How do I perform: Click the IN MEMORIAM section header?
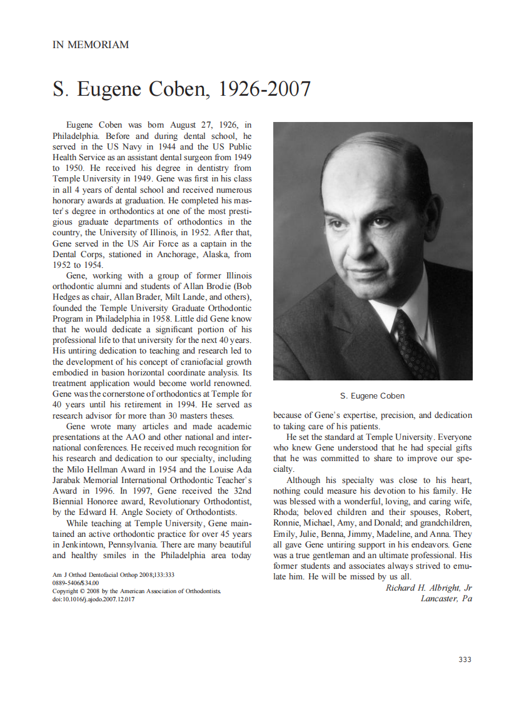coord(90,45)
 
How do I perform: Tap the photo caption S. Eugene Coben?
coord(372,396)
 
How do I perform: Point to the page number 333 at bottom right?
coord(465,659)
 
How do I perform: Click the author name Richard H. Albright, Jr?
coord(428,588)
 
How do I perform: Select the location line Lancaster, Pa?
coord(446,599)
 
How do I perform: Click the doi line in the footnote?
coord(93,599)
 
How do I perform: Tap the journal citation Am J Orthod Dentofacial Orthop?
coord(100,574)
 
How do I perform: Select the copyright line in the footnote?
coord(136,591)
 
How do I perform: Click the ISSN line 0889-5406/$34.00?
coord(76,582)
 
